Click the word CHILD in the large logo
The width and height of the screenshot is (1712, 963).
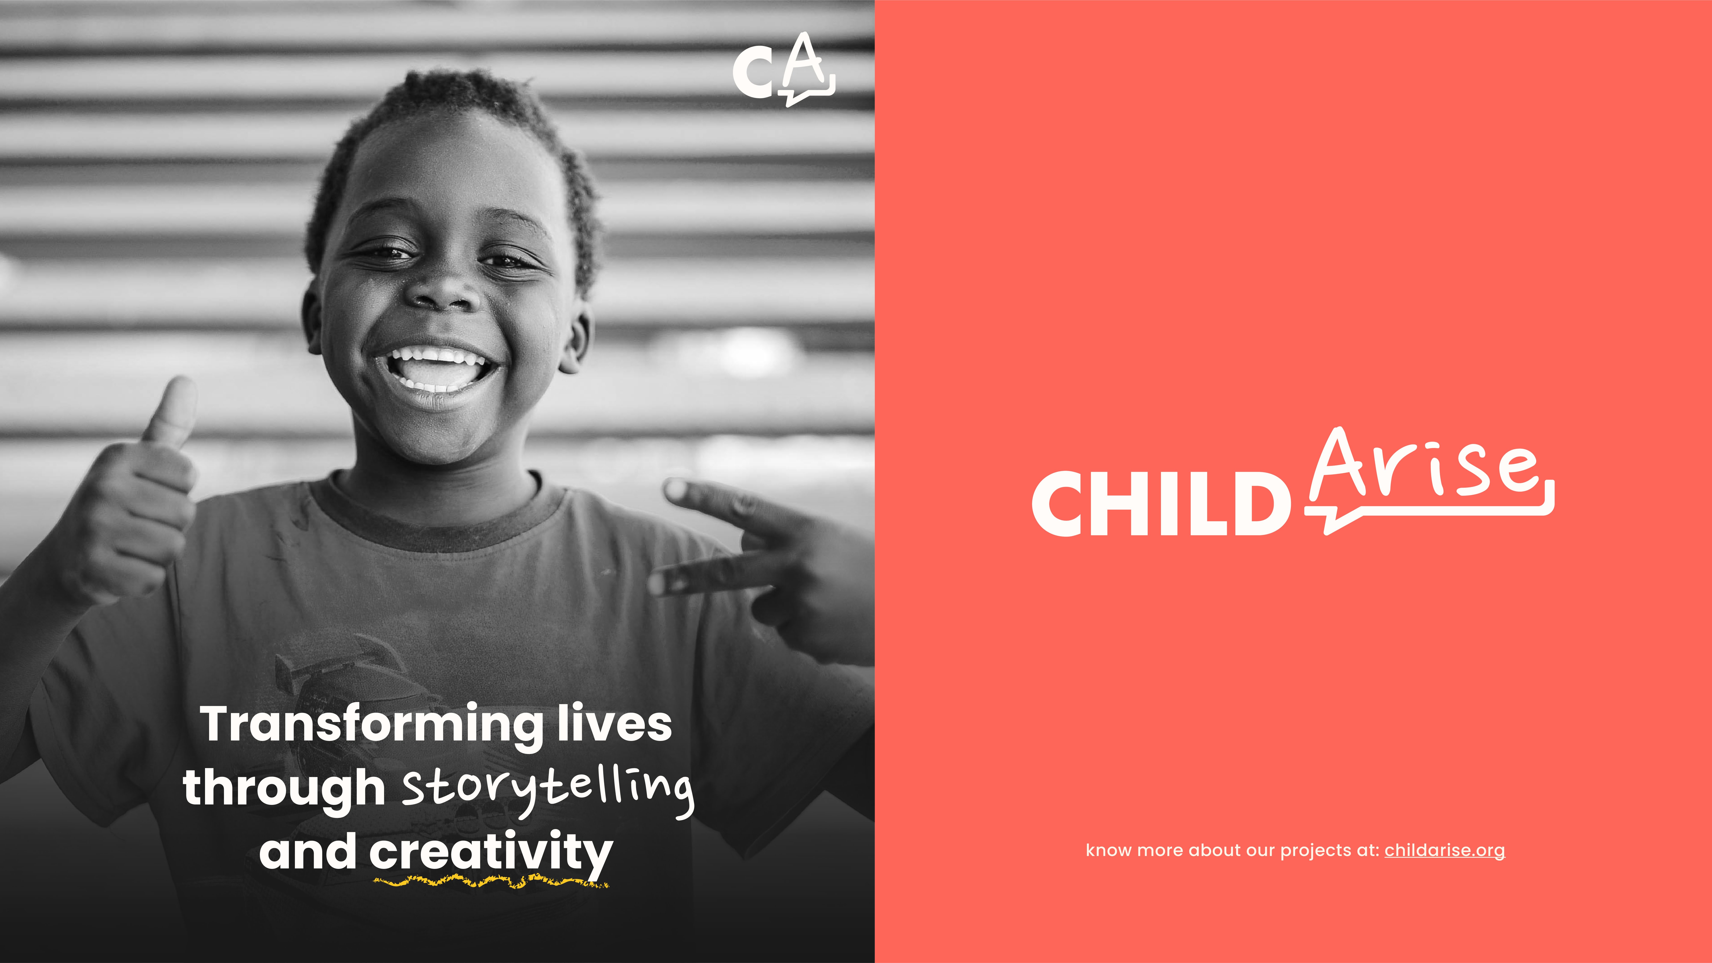tap(1161, 504)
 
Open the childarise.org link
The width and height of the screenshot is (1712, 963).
tap(1444, 851)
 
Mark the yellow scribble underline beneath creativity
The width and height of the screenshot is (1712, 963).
tap(490, 882)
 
